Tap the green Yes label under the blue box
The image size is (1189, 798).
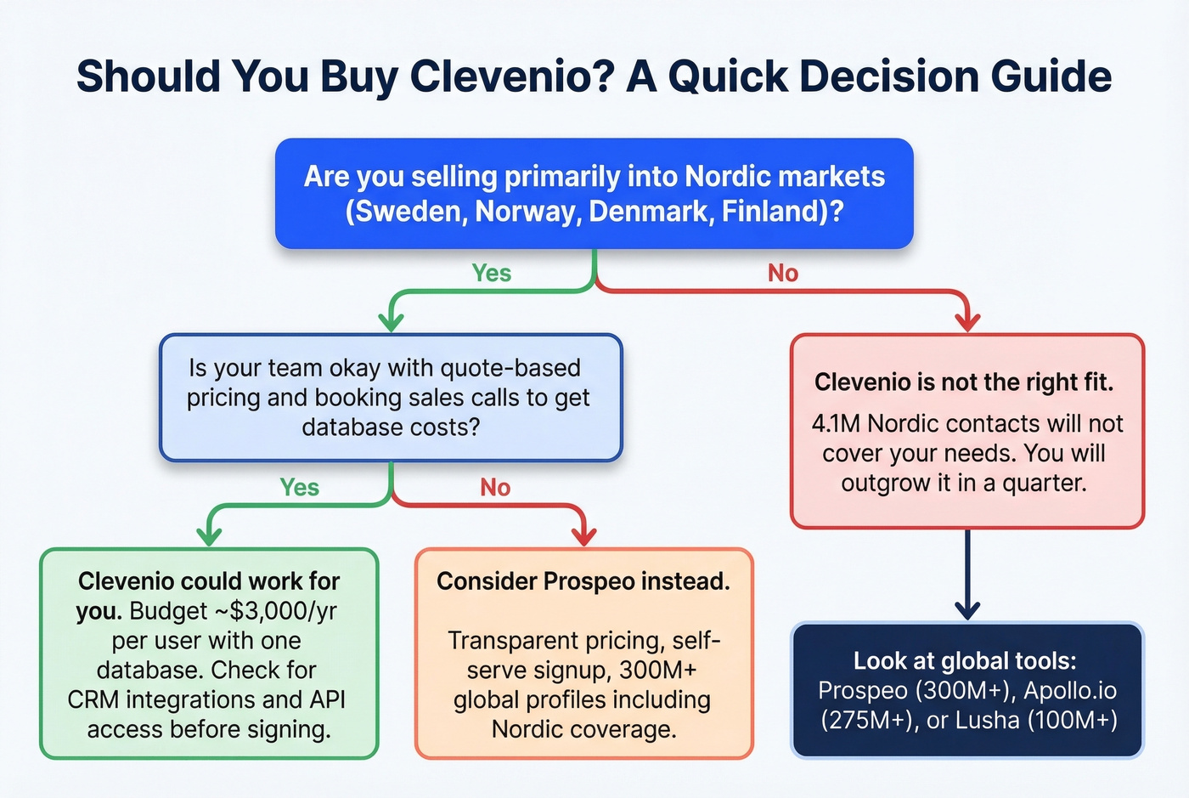pyautogui.click(x=492, y=273)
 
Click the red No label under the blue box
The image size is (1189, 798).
pyautogui.click(x=782, y=273)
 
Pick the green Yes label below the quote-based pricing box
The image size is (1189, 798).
pyautogui.click(x=300, y=487)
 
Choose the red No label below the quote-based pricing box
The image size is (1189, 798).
pyautogui.click(x=495, y=487)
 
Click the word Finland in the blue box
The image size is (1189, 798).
pyautogui.click(x=774, y=211)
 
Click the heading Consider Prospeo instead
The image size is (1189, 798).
pyautogui.click(x=583, y=581)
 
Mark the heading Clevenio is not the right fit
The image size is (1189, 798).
pyautogui.click(x=964, y=382)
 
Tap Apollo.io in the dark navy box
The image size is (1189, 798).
pyautogui.click(x=1070, y=691)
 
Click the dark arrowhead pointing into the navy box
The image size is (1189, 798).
pyautogui.click(x=967, y=609)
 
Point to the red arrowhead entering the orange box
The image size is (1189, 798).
pyautogui.click(x=583, y=536)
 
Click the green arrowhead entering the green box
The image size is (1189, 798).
pyautogui.click(x=209, y=536)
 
